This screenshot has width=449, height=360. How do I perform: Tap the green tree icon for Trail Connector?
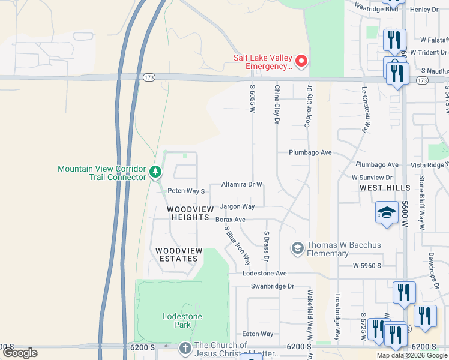155,173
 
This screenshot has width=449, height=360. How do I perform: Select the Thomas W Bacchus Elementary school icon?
297,248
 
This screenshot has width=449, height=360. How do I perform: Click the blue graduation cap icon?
387,213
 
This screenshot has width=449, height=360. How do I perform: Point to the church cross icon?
185,348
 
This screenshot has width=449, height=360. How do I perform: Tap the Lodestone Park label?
182,320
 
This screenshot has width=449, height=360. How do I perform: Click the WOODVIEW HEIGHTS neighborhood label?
190,213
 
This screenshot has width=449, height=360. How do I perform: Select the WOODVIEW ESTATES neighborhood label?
176,254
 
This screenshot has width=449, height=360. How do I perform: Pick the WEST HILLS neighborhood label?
384,188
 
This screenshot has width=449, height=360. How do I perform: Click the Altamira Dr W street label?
242,185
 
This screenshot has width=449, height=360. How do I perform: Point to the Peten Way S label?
186,191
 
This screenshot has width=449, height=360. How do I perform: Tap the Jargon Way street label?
237,206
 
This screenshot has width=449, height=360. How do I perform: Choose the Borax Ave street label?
231,220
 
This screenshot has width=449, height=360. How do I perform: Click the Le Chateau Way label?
364,109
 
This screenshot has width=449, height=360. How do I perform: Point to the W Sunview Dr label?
372,178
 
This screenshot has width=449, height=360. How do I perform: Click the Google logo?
20,353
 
